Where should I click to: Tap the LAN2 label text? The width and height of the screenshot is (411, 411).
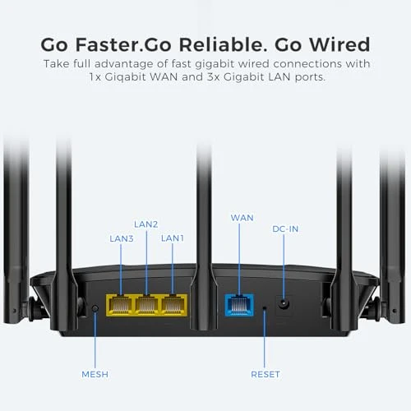click(x=145, y=223)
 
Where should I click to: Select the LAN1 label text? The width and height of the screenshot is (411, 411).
click(x=173, y=238)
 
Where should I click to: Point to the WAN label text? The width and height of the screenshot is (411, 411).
click(x=242, y=218)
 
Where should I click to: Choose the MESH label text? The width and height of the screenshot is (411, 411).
click(x=95, y=374)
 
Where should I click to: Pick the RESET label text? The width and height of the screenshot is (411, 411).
click(x=265, y=374)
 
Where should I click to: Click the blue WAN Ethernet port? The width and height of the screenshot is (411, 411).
click(x=238, y=305)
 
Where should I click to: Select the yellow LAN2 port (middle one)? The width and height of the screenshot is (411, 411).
click(x=146, y=305)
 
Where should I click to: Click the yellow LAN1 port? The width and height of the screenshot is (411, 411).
click(x=173, y=305)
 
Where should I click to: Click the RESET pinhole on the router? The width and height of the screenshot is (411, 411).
click(x=265, y=309)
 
